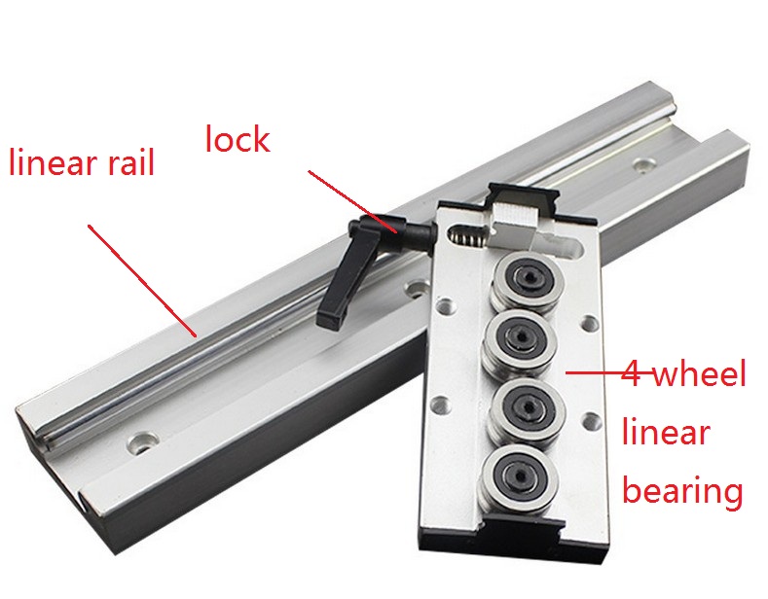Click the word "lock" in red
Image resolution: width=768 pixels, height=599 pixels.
coord(238,139)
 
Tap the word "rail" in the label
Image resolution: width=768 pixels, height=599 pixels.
coord(130,162)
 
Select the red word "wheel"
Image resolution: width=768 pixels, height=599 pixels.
coord(700,374)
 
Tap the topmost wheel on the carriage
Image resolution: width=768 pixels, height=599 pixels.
coord(526,280)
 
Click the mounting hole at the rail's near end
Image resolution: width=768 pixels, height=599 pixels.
coord(141,442)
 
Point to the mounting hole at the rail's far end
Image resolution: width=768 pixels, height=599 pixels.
coord(644,164)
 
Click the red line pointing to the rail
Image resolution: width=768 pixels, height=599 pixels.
coord(142,281)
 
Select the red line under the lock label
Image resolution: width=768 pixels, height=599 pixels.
coord(352,201)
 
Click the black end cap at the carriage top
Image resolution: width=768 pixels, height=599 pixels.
coord(523,198)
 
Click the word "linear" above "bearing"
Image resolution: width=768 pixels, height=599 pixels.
coord(666,433)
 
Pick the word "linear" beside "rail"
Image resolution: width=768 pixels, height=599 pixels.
coord(54,162)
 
